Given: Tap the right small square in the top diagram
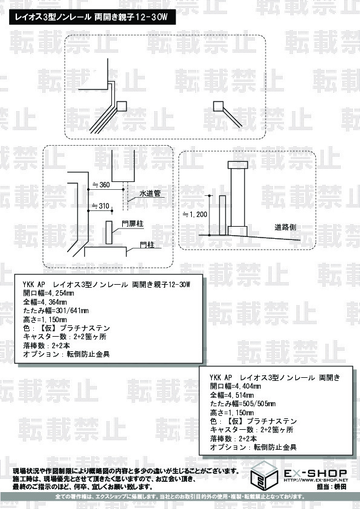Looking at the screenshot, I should (218, 106).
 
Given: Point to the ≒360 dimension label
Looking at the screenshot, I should (100, 184).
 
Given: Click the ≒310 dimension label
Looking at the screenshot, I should (100, 206).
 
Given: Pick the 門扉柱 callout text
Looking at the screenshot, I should (133, 223).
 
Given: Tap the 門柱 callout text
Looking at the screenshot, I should (146, 244).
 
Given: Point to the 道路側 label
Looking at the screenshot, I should (285, 227).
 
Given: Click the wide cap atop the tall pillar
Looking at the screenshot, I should (235, 165).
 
